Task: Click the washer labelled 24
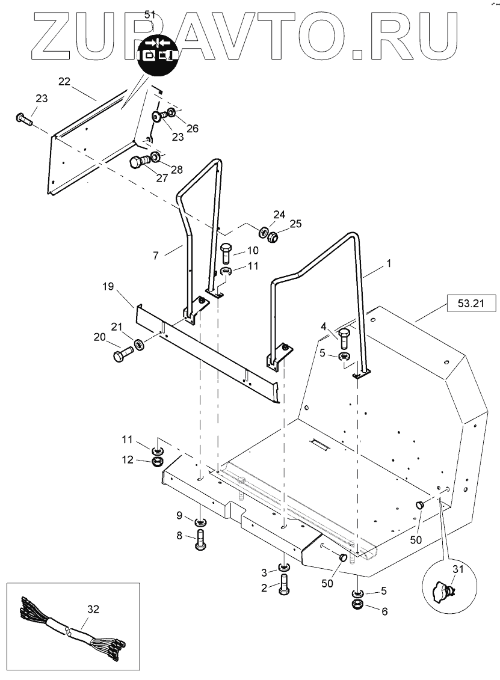point(263,231)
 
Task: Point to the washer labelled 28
point(155,156)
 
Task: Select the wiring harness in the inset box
point(72,628)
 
